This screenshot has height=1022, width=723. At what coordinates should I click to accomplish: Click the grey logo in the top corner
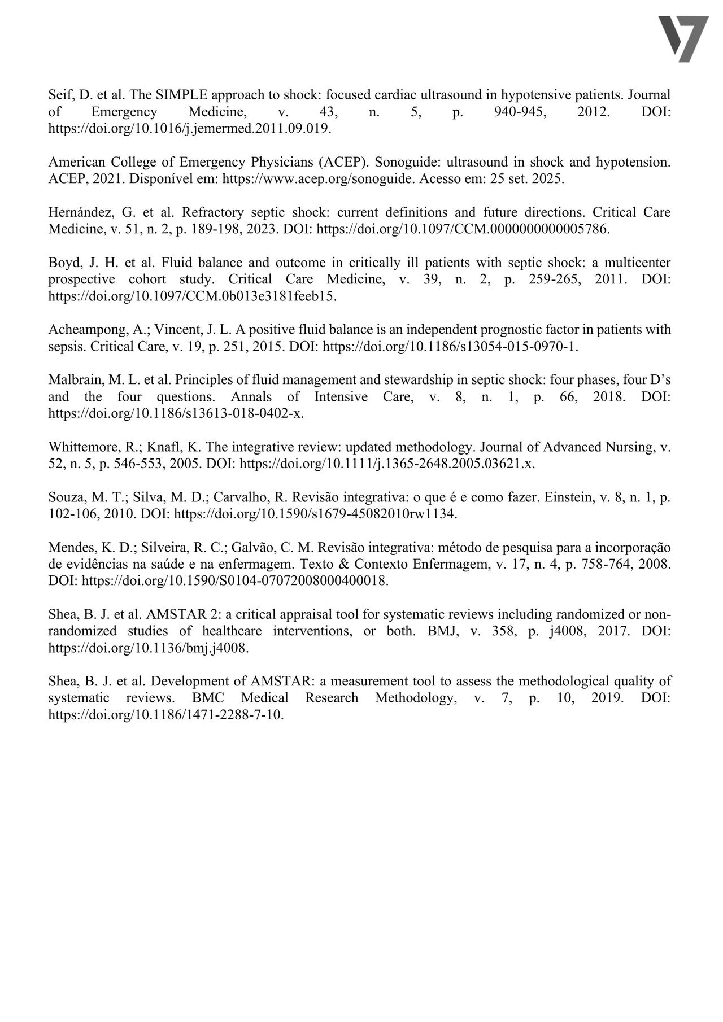[x=683, y=39]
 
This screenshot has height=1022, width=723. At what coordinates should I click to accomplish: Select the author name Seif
[x=60, y=95]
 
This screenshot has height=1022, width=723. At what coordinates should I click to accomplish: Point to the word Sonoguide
[x=402, y=162]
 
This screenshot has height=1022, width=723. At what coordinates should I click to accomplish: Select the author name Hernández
[x=79, y=212]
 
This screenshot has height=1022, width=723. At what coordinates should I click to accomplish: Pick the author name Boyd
[x=63, y=263]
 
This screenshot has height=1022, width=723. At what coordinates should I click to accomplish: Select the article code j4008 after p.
[x=565, y=631]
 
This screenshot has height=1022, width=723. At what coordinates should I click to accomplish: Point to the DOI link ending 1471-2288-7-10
[x=165, y=715]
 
